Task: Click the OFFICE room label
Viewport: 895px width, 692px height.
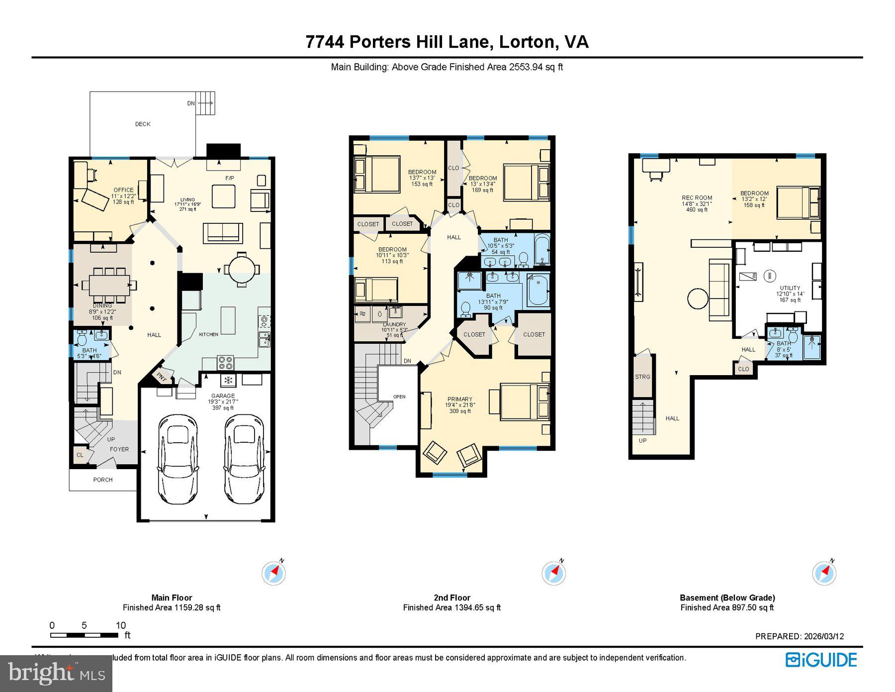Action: point(123,190)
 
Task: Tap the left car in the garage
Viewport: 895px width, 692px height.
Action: point(178,458)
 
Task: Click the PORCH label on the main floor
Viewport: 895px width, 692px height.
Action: point(103,480)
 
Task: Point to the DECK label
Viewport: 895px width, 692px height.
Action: point(143,124)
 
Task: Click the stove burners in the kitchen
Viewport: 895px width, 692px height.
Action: point(225,363)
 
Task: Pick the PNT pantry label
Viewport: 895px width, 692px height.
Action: point(162,377)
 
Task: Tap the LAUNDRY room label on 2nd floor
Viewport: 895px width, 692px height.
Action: point(394,325)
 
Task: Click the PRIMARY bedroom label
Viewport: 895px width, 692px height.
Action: point(459,399)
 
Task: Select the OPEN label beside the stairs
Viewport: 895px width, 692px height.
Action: point(399,396)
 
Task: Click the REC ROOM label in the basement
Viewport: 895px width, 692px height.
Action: point(697,198)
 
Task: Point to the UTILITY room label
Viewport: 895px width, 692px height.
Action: point(790,288)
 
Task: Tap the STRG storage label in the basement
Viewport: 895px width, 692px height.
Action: point(642,377)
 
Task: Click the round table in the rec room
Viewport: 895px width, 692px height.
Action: point(698,299)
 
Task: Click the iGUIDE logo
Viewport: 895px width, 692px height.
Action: point(821,660)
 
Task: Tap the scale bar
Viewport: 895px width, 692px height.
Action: point(84,635)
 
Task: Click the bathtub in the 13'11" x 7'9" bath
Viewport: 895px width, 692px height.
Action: point(537,290)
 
